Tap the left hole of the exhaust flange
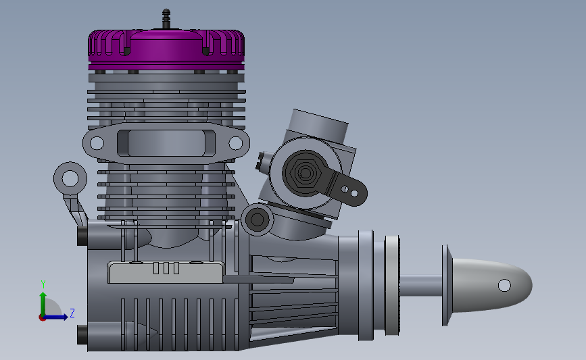(x=97, y=143)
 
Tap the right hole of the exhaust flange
(x=235, y=143)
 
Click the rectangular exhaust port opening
(x=166, y=143)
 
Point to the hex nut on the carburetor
(x=306, y=172)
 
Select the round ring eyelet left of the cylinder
(x=70, y=178)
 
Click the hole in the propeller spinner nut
(x=504, y=285)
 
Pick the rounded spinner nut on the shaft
(x=491, y=285)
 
